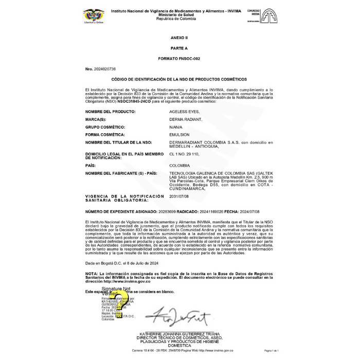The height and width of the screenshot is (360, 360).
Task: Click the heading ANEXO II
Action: pyautogui.click(x=179, y=39)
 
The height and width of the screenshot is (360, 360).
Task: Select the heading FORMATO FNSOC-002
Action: pyautogui.click(x=179, y=59)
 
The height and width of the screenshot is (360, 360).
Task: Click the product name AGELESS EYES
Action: pyautogui.click(x=185, y=112)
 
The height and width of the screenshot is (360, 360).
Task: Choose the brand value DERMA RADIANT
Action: pyautogui.click(x=186, y=119)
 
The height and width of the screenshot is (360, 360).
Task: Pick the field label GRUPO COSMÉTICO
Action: pyautogui.click(x=105, y=127)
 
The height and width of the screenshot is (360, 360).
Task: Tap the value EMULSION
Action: pyautogui.click(x=179, y=135)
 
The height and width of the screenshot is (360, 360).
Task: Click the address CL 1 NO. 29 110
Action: pyautogui.click(x=184, y=154)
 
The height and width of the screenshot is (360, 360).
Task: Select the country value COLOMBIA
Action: pyautogui.click(x=179, y=166)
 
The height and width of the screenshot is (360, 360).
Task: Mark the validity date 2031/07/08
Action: pyautogui.click(x=179, y=196)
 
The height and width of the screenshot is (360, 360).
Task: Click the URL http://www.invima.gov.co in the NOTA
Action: pyautogui.click(x=127, y=281)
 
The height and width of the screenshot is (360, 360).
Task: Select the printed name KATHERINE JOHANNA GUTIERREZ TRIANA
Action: pyautogui.click(x=179, y=334)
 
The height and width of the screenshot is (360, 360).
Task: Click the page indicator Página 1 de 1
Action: pyautogui.click(x=271, y=350)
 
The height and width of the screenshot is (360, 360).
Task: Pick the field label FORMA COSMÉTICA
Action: pyautogui.click(x=105, y=135)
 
